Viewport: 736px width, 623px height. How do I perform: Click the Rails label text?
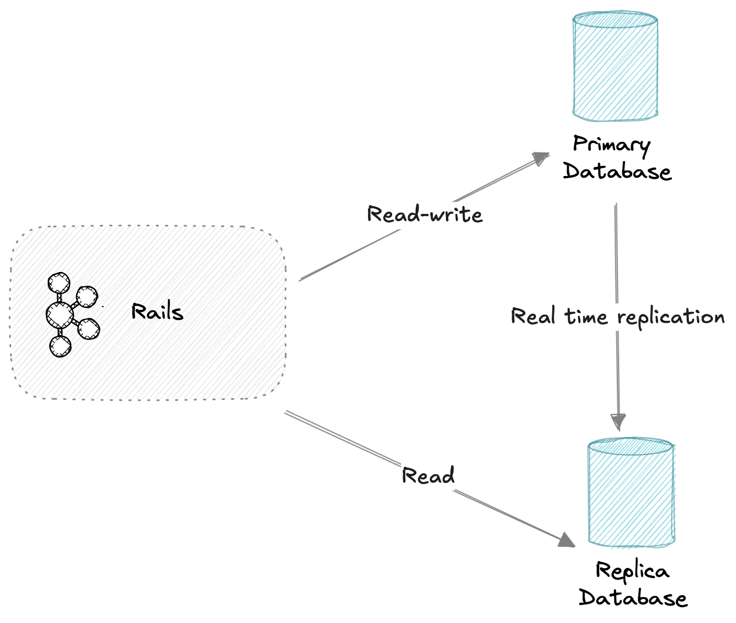coord(157,312)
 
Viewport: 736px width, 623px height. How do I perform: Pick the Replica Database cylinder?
coord(631,494)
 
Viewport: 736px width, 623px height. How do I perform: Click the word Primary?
coord(612,145)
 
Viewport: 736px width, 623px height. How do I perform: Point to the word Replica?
coord(632,571)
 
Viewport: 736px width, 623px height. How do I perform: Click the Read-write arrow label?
coord(425,214)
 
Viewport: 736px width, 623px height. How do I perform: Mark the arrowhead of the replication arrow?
coord(619,422)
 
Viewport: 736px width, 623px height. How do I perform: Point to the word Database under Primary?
coord(617,171)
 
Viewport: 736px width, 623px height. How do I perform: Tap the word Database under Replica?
coord(633,598)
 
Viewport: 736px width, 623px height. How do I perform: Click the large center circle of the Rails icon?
coord(60,315)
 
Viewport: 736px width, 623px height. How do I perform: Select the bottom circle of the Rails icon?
coord(60,346)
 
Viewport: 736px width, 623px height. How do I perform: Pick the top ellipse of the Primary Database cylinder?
coord(615,20)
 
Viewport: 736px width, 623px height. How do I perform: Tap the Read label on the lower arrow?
coord(428,475)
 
